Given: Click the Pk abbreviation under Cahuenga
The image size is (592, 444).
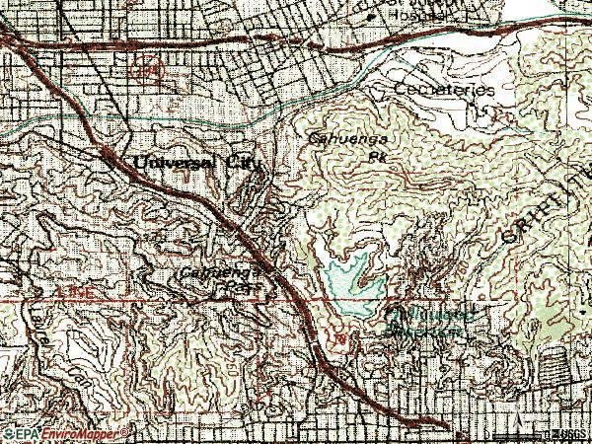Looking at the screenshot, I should click(375, 155).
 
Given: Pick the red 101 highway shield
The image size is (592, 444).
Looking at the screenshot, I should click(339, 340).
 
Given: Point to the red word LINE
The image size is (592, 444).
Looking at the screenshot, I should click(72, 294).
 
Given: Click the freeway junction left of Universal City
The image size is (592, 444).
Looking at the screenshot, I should click(105, 153).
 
